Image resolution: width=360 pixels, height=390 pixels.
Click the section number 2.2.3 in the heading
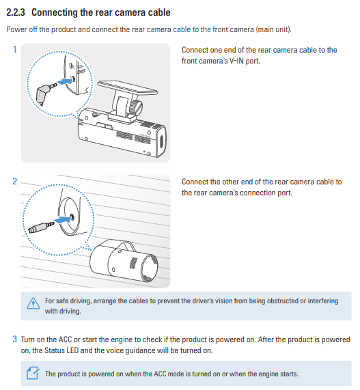[x=16, y=12]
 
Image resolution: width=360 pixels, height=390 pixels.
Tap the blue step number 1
[x=15, y=49]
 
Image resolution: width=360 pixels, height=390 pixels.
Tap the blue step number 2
[x=15, y=181]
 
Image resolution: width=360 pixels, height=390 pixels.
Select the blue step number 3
[x=15, y=339]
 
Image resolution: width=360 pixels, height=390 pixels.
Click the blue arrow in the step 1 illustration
[x=64, y=81]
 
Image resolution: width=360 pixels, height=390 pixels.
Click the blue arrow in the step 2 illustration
[x=61, y=220]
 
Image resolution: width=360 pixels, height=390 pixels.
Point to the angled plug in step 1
[x=46, y=94]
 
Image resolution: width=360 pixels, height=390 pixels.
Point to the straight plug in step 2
[x=41, y=227]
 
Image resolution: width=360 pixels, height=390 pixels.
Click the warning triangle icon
[x=33, y=303]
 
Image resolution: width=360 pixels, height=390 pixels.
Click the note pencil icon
[x=33, y=373]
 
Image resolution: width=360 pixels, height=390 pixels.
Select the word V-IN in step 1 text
[x=236, y=61]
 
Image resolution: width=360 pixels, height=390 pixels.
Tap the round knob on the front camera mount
[x=136, y=108]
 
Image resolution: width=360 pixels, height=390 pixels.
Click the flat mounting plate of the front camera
[x=127, y=88]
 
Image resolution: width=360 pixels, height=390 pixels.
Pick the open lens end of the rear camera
[x=150, y=268]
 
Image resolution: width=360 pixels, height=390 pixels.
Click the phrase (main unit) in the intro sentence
[x=273, y=29]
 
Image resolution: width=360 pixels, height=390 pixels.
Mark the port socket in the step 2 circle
[x=72, y=217]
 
